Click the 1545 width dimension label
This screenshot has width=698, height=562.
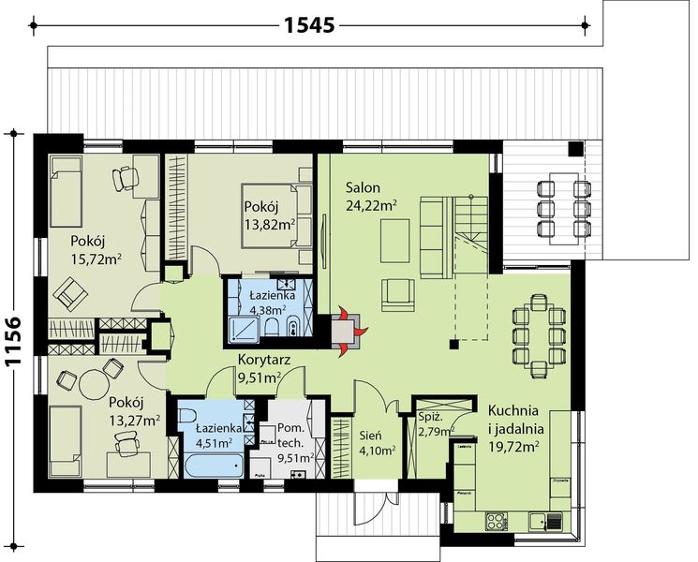coord(309,25)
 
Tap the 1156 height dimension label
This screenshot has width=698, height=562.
coord(14,341)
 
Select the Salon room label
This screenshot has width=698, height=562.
coord(363,187)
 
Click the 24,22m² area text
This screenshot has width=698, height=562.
coord(371,205)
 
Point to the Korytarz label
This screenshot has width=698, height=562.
coord(264,359)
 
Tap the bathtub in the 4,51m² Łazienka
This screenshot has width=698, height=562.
coord(213,466)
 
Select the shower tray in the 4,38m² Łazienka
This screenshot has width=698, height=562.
coord(243,330)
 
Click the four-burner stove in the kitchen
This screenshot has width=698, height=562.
coord(496,521)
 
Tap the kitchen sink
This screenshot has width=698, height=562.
coord(545,521)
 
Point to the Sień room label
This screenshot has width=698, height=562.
coord(371,436)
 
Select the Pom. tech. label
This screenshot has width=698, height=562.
coord(291,436)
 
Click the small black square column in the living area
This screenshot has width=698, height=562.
coord(454,344)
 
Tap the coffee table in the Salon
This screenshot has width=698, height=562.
coord(395,241)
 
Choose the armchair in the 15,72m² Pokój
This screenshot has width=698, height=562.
coord(70,294)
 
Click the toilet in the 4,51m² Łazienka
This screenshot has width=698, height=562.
coord(187,416)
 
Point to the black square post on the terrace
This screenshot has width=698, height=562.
coord(575,149)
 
